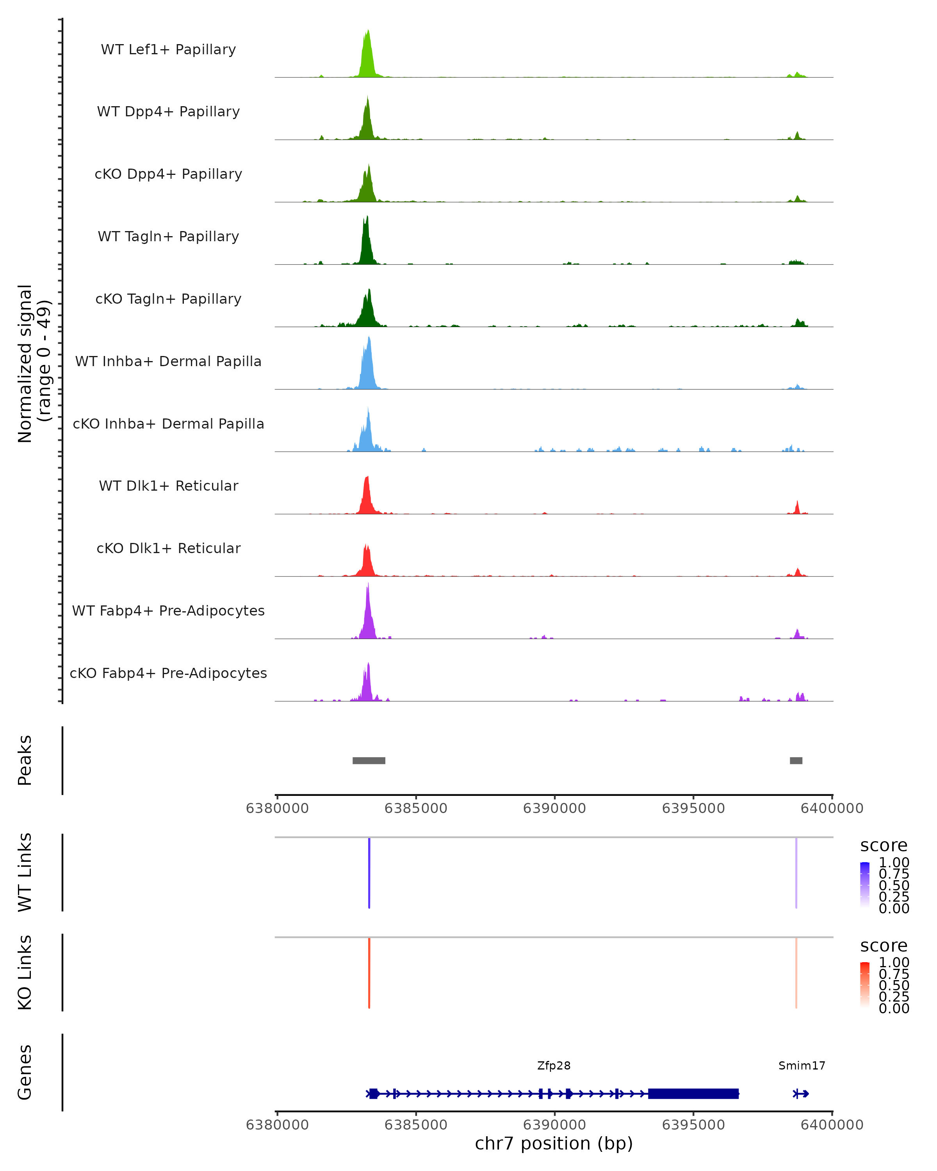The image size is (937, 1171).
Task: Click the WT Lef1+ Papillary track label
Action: (x=168, y=50)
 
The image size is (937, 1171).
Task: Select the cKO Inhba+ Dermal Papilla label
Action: (x=168, y=424)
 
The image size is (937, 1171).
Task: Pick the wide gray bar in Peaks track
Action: (x=369, y=760)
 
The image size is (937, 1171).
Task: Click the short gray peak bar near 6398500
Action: (x=796, y=760)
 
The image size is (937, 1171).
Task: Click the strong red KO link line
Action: (x=369, y=973)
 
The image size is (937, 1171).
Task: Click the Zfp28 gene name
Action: (x=554, y=1066)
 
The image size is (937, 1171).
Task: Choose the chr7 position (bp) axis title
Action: (x=554, y=1144)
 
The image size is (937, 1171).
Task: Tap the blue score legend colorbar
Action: (x=865, y=885)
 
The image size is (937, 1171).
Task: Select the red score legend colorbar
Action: (x=865, y=985)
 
